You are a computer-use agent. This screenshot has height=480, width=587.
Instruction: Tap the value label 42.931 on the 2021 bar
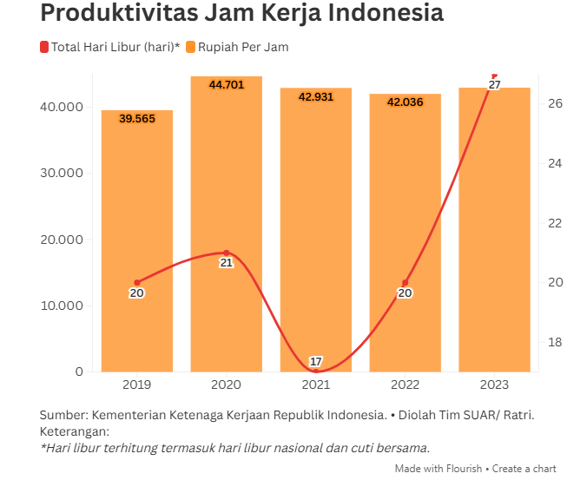click(315, 96)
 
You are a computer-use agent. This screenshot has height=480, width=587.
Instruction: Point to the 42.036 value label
click(405, 102)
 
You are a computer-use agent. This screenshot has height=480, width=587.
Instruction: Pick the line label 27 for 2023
click(494, 85)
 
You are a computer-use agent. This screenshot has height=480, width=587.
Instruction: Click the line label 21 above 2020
click(226, 262)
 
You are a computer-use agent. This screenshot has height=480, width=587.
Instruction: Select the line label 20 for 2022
click(405, 293)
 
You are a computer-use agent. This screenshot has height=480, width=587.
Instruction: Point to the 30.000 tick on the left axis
click(61, 174)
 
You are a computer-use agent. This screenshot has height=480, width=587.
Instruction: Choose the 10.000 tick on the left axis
click(61, 306)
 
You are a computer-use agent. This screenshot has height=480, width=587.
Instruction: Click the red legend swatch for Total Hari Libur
click(43, 47)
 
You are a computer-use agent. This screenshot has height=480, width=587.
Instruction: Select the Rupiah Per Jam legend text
click(243, 47)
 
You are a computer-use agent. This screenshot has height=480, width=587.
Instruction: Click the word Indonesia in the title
click(378, 14)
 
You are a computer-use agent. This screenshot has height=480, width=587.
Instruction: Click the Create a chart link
click(524, 469)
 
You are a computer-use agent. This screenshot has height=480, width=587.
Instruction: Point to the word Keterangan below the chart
click(75, 431)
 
